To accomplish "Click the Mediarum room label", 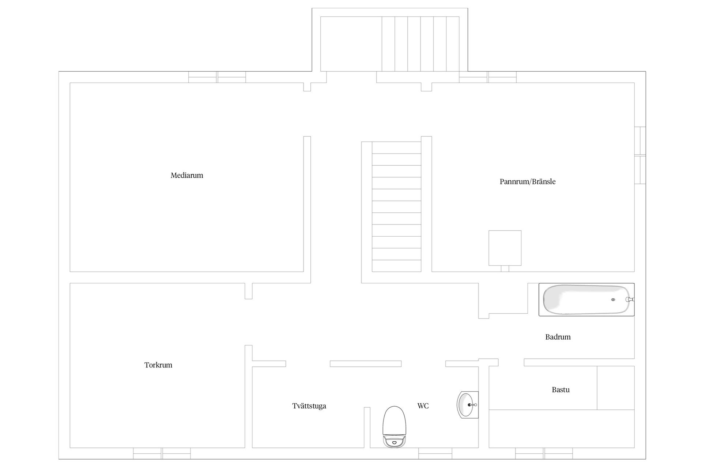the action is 187,175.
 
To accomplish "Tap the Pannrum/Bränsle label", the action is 528,182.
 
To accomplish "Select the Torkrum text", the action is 158,365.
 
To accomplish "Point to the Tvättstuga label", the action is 309,406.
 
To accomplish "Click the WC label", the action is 423,406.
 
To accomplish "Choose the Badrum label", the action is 558,337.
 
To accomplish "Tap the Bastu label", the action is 561,390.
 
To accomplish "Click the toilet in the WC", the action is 395,427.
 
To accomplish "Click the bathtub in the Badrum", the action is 586,299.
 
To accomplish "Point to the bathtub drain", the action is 613,300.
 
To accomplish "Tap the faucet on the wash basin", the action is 473,405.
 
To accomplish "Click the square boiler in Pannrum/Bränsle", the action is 505,248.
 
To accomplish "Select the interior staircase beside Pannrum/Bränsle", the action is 396,207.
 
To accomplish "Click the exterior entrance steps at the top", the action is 420,44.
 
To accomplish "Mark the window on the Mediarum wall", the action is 217,77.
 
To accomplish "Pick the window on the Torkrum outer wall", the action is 162,453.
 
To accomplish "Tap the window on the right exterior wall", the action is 640,155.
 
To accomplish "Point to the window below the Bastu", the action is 544,453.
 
